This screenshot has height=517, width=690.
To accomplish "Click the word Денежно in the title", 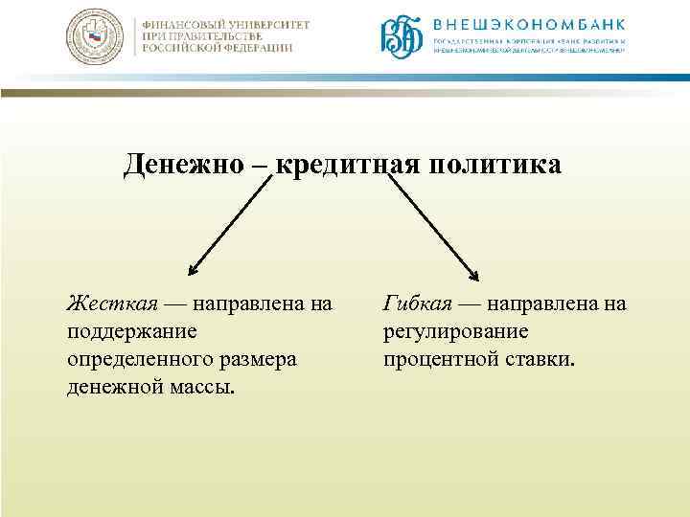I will click(x=184, y=166).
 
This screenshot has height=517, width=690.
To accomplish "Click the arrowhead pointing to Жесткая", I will click(x=193, y=272).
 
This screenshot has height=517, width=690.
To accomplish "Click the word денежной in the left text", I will click(x=114, y=388).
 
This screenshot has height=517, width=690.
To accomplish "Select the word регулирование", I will click(x=455, y=332).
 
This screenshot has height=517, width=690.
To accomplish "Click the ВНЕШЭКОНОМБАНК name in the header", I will click(x=528, y=25).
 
